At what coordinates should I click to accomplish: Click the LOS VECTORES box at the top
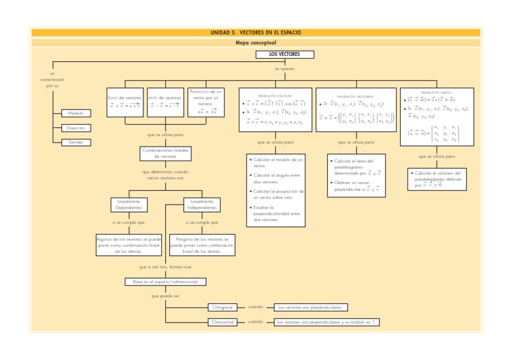point(285,53)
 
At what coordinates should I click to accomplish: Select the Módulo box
point(75,113)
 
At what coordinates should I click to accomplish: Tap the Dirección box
point(75,127)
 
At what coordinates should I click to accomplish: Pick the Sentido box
point(75,143)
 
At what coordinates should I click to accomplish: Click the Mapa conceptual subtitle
point(256,42)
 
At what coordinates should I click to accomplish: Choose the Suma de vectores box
point(125,101)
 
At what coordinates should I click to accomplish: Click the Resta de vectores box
point(163,101)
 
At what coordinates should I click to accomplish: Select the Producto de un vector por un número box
point(206,101)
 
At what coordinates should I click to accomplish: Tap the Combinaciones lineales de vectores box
point(165,153)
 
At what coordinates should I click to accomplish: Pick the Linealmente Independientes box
point(201,204)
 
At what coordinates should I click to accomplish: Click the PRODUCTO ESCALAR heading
point(275,95)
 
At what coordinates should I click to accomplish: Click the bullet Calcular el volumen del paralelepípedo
point(436,179)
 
